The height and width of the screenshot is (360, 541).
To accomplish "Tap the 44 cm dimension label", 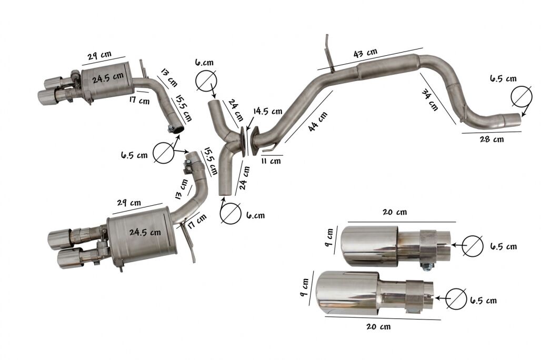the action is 318,122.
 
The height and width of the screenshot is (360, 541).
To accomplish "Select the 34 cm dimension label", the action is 430,100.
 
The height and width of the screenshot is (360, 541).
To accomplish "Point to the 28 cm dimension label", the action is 492,139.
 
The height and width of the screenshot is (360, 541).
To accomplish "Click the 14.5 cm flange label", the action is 268,111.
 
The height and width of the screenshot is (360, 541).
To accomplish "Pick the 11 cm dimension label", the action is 270,161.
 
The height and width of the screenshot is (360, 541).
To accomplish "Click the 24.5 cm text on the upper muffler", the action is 108,78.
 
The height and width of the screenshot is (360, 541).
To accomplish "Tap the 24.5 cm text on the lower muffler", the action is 145,232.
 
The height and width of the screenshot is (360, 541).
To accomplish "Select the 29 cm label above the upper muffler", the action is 99,55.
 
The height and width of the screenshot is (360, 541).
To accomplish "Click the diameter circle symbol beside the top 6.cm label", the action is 206,81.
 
